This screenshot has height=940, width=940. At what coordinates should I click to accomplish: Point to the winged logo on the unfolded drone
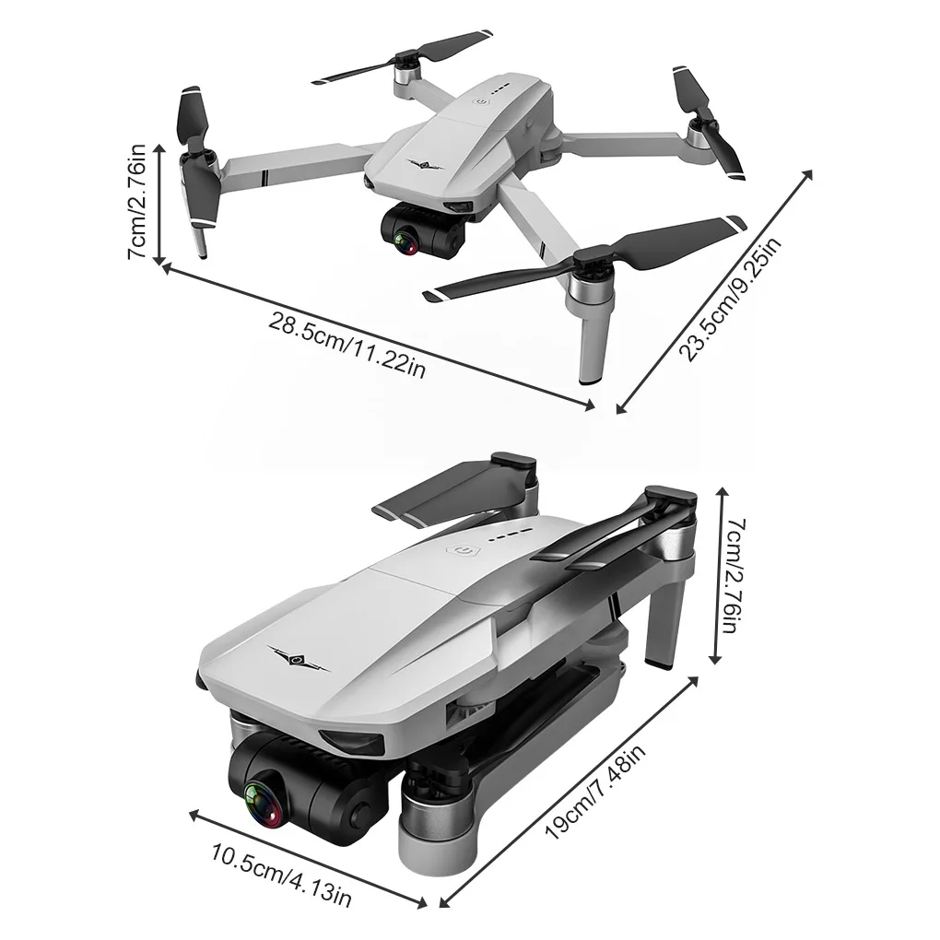[x=425, y=165]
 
